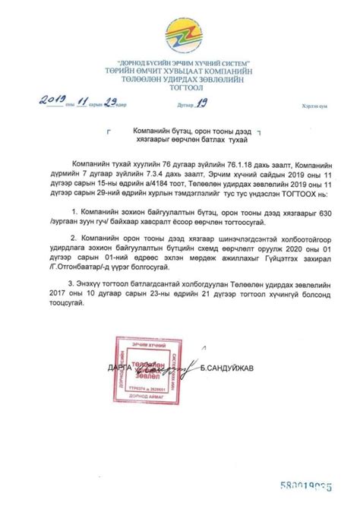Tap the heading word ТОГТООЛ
pos(179,86)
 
